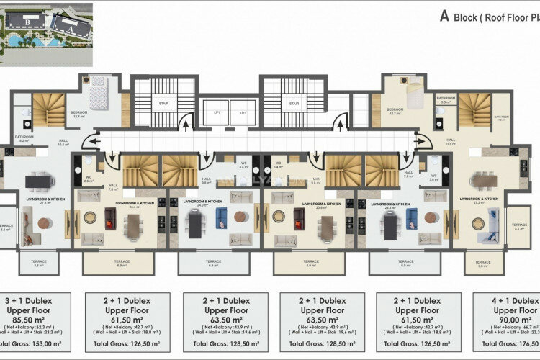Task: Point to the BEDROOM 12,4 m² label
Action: tap(79, 114)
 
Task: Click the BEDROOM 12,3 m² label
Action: tap(394, 112)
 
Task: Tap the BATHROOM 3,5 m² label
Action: tap(445, 99)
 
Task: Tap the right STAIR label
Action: tap(294, 104)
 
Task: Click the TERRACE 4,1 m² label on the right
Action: tap(519, 226)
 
